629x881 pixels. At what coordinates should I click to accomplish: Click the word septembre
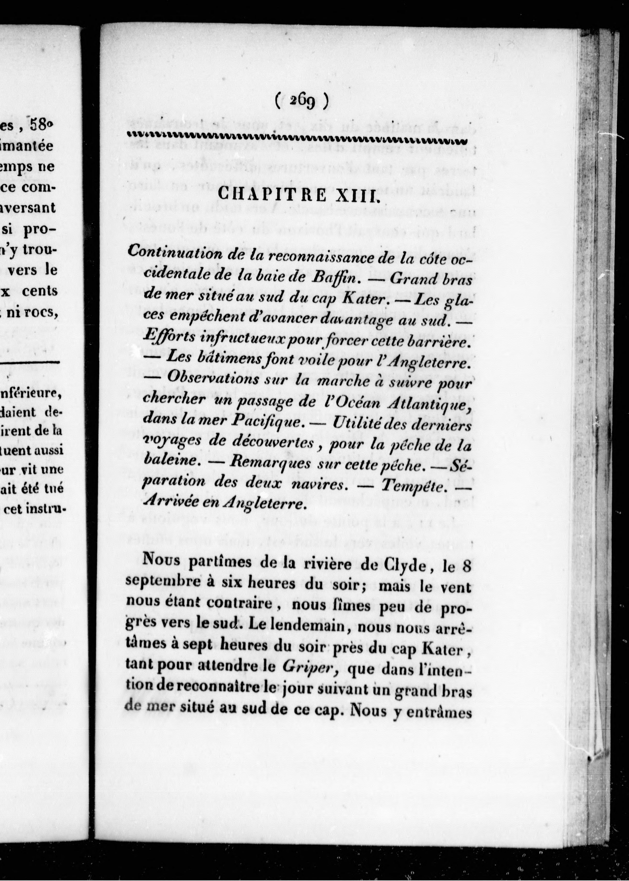(162, 588)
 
